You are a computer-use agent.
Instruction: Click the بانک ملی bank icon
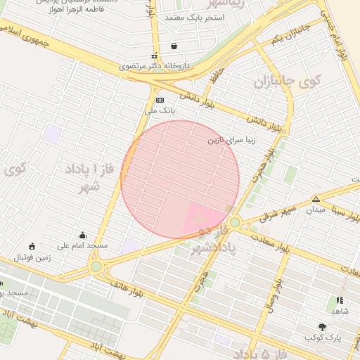(160, 101)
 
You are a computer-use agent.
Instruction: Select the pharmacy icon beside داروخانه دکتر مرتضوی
(155, 56)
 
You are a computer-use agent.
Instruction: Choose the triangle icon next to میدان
(316, 199)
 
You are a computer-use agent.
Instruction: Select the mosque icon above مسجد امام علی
(83, 236)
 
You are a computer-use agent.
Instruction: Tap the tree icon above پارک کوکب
(322, 327)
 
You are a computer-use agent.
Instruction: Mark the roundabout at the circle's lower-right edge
(235, 222)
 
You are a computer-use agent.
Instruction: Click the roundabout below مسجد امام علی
(96, 266)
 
